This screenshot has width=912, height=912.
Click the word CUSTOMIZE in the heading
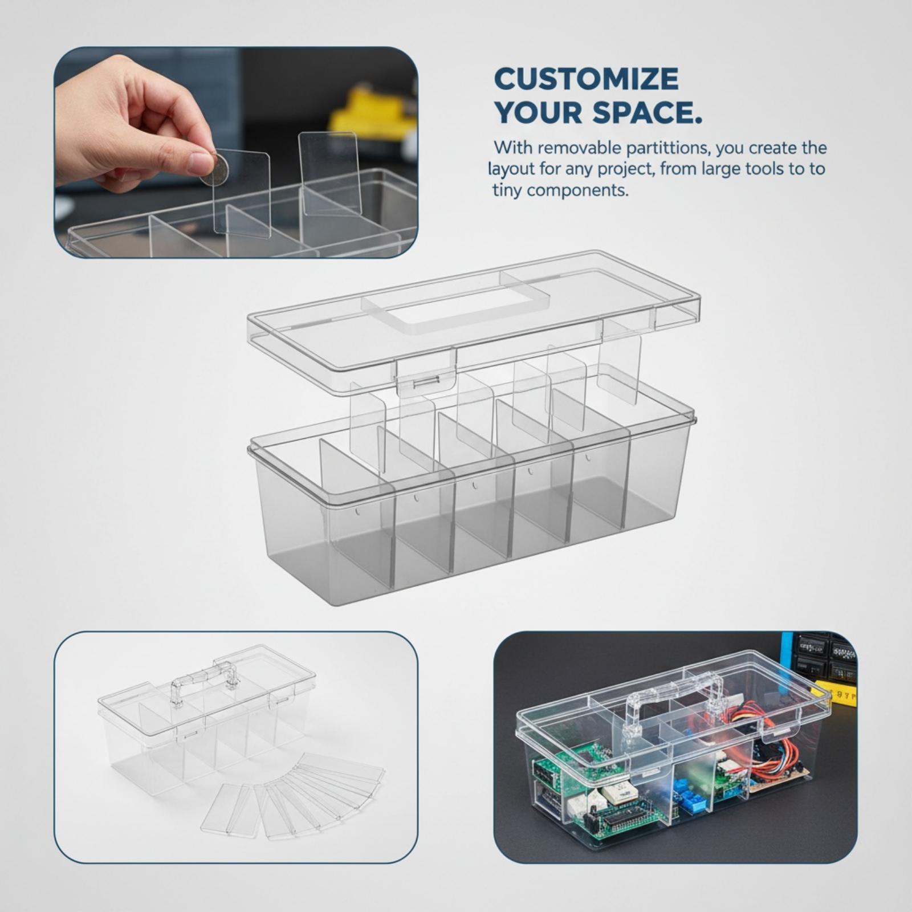(586, 79)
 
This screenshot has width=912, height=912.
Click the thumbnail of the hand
(236, 152)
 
